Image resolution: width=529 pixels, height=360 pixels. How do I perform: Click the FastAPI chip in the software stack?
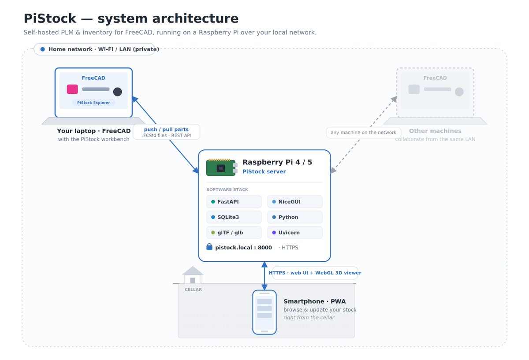(x=234, y=202)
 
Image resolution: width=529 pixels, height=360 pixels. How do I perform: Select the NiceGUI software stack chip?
(x=295, y=202)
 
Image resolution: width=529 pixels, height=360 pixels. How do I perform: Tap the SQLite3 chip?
(x=234, y=217)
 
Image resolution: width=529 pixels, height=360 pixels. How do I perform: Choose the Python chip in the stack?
(x=295, y=217)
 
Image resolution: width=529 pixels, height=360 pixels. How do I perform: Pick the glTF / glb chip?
(x=234, y=233)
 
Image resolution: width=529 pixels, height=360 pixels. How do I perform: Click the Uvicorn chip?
(x=295, y=233)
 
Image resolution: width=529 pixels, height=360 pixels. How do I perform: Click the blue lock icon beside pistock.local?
(x=209, y=247)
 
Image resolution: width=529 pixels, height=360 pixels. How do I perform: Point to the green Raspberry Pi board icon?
(x=222, y=167)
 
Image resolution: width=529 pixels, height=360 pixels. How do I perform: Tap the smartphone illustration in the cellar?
(x=264, y=312)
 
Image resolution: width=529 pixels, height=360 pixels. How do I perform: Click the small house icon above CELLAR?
(x=193, y=275)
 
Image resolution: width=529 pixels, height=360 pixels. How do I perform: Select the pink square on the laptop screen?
(x=72, y=89)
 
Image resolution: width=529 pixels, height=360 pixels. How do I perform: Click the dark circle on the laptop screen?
(x=118, y=92)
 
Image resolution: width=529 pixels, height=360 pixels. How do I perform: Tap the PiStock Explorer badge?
(x=93, y=103)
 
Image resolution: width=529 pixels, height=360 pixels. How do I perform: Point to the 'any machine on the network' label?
(x=363, y=133)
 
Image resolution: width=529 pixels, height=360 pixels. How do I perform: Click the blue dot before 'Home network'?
(x=42, y=49)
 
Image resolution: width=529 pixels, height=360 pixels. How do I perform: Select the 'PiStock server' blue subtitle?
(x=264, y=171)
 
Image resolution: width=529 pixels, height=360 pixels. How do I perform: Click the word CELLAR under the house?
(x=193, y=289)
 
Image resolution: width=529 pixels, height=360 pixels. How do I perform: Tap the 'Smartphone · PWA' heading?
(x=315, y=301)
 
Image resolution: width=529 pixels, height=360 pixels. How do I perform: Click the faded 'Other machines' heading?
(x=435, y=131)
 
